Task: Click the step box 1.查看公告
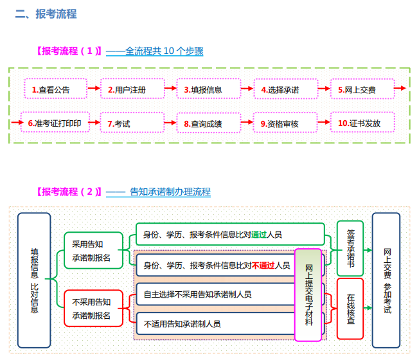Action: pos(53,89)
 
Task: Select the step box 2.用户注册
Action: pos(128,89)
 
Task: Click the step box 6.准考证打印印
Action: pos(53,123)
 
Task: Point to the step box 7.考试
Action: pos(128,123)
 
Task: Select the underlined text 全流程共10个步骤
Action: pos(155,51)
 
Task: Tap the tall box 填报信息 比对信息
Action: pos(34,280)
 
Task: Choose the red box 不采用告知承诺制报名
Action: pos(91,309)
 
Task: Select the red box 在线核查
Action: pos(350,309)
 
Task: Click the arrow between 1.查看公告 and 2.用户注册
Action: pos(94,89)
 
